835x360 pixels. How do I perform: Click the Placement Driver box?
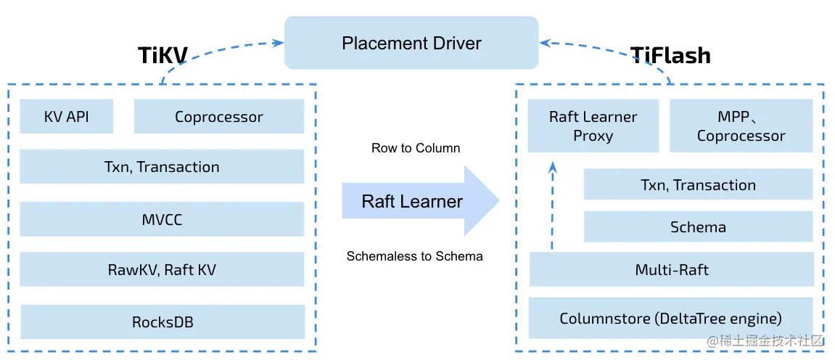click(411, 43)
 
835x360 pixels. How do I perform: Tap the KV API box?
click(67, 116)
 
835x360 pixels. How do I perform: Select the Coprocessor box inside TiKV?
click(219, 116)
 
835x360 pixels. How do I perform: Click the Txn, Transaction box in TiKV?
click(162, 167)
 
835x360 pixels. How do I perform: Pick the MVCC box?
click(162, 218)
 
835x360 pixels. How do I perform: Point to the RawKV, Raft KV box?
click(162, 269)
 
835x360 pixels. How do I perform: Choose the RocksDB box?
click(162, 322)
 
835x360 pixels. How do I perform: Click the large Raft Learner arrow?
click(420, 201)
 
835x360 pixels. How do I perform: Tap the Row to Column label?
click(416, 148)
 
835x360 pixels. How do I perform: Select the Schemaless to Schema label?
click(414, 256)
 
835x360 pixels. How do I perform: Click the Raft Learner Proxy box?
click(593, 126)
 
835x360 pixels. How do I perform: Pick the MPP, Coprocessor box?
click(741, 126)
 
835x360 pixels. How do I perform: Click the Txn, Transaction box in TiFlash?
click(698, 185)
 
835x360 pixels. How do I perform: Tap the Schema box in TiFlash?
click(698, 227)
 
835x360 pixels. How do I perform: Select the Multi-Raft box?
click(672, 269)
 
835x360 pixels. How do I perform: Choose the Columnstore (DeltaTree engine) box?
click(671, 319)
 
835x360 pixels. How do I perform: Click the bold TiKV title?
click(163, 55)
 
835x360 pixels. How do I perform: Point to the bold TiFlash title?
click(670, 55)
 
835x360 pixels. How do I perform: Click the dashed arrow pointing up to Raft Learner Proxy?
click(552, 206)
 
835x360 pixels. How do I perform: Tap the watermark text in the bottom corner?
click(765, 341)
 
